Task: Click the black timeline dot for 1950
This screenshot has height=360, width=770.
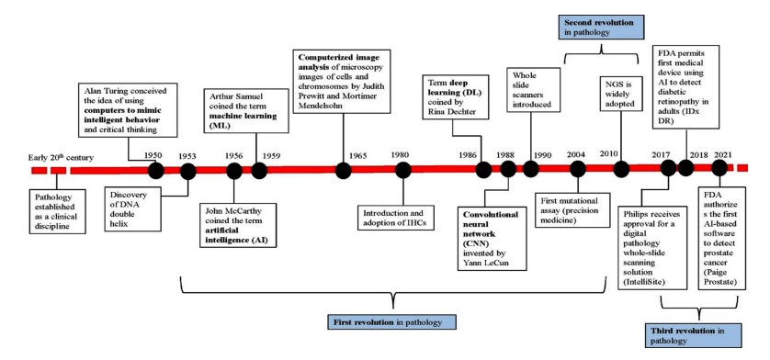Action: click(155, 171)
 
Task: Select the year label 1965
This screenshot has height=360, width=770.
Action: click(358, 156)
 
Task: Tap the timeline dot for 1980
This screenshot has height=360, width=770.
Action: click(403, 171)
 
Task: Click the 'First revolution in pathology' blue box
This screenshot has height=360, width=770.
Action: click(391, 322)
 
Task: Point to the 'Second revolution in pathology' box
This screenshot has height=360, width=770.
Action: click(599, 28)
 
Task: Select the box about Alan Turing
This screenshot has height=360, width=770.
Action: click(128, 109)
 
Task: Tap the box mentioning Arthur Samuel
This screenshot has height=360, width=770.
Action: click(245, 110)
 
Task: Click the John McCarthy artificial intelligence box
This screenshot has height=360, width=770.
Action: click(238, 225)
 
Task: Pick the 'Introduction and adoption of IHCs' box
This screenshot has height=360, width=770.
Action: click(396, 218)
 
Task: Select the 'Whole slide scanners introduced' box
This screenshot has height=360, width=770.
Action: click(533, 90)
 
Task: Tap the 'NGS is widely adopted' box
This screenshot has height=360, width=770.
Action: click(621, 93)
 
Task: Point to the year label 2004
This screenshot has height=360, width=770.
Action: click(576, 154)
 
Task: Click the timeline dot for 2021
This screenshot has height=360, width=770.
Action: click(719, 168)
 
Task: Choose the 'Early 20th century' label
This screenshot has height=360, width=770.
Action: click(62, 158)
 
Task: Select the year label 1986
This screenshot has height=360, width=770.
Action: click(468, 155)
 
